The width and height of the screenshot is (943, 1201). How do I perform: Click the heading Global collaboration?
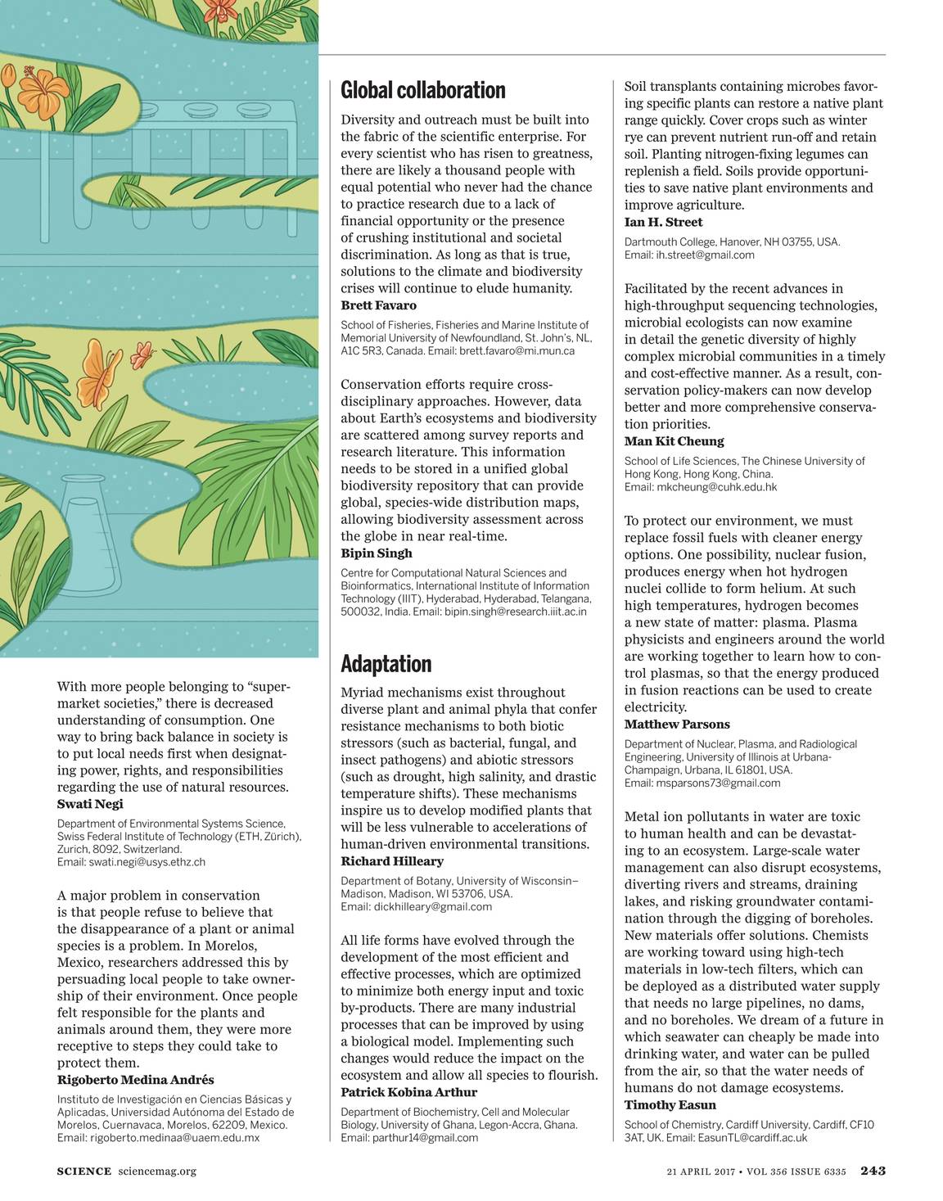pos(422,90)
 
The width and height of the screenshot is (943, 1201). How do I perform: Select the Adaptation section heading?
pos(386,663)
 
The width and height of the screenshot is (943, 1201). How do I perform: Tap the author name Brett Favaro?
pos(378,305)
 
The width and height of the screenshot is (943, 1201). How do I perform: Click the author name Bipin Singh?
pos(377,553)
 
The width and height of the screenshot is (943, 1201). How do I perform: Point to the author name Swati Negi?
pos(90,804)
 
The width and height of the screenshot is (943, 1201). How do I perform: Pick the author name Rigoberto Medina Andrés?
pos(135,1080)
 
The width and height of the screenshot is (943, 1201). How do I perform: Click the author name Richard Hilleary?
pos(392,861)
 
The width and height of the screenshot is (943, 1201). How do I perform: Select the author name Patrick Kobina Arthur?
pos(408,1092)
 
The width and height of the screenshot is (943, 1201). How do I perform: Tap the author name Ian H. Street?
pos(663,222)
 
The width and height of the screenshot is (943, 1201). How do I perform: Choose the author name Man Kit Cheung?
pos(674,441)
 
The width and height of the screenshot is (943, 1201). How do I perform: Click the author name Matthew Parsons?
pos(677,725)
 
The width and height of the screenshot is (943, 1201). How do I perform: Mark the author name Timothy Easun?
pos(670,1105)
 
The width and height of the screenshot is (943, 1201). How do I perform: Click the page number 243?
pos(873,1171)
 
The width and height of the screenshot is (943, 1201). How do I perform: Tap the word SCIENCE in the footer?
pos(83,1172)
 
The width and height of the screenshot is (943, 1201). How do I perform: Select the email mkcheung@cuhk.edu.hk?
pos(716,487)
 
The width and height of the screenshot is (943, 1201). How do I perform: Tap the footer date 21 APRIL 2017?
pos(700,1172)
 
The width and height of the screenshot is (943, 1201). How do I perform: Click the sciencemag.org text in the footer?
pos(157,1172)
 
